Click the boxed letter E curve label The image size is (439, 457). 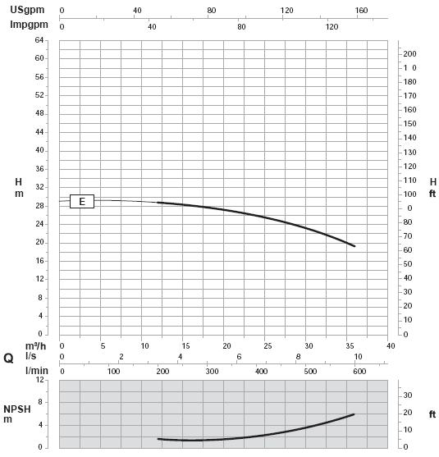coord(82,201)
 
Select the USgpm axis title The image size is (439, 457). coord(27,10)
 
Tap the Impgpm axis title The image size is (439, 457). coord(30,25)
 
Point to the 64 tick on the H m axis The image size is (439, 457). coord(39,40)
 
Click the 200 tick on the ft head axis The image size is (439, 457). coord(409,54)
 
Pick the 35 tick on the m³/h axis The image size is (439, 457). coord(350,346)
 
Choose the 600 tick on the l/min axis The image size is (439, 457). coord(359,372)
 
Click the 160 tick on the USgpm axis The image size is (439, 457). coord(361,11)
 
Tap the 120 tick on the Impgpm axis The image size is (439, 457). coord(332,27)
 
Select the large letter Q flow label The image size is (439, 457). coord(8,359)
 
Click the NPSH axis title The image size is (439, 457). coord(17,409)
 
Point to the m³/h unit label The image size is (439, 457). coord(35,346)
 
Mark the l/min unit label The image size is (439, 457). coord(37,371)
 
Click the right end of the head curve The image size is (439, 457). coord(354,246)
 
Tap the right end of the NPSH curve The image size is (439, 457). coord(354,414)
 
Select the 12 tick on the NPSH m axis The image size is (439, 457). coord(40,380)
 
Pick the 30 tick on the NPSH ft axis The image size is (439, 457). coord(408,395)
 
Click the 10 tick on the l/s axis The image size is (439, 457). coord(358,357)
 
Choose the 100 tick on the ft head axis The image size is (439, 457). coord(409,194)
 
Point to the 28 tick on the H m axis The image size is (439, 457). coord(39,206)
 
